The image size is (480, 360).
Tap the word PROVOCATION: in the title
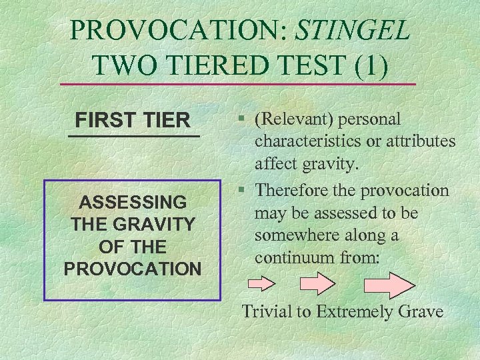click(x=179, y=29)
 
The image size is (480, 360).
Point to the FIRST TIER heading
click(x=133, y=121)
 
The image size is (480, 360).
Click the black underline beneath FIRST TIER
click(x=133, y=136)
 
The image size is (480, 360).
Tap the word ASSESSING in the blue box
click(x=133, y=201)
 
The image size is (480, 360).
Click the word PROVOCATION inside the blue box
click(x=133, y=269)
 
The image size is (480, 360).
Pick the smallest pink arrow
click(x=261, y=283)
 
